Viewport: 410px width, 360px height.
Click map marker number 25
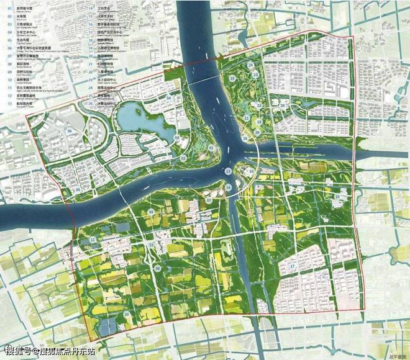(231, 79)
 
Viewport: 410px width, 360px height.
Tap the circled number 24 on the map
(250, 65)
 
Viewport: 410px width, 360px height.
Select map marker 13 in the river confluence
(229, 171)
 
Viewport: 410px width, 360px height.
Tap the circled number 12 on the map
(151, 245)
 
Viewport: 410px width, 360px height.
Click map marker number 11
(93, 240)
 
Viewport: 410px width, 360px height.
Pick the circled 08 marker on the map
(158, 268)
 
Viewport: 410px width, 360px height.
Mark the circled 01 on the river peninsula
(212, 148)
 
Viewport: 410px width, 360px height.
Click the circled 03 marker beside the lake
(176, 137)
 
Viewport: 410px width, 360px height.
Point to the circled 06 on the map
(70, 132)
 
